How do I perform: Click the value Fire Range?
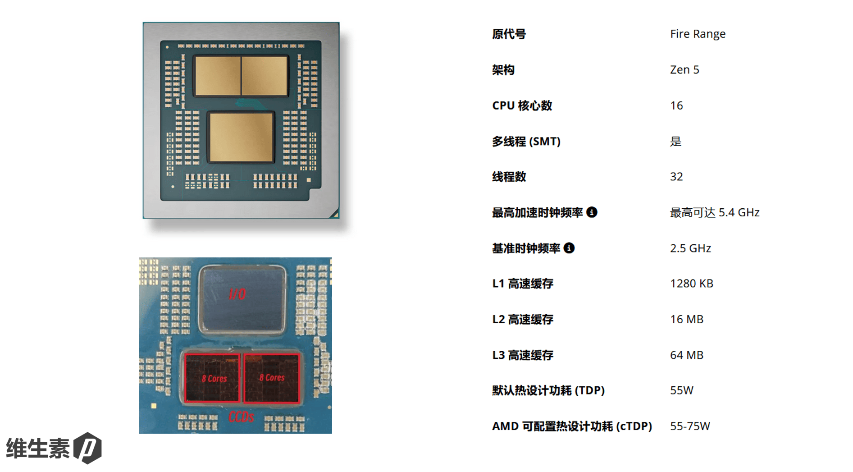[x=697, y=34]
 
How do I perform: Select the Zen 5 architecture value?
[x=684, y=70]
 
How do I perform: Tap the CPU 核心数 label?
[x=522, y=105]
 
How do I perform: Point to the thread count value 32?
[x=676, y=177]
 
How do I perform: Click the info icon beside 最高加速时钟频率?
[x=592, y=212]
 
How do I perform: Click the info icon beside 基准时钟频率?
[x=569, y=248]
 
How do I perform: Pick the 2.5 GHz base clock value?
[x=690, y=248]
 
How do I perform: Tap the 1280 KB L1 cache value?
[x=691, y=284]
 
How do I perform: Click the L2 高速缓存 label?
[x=522, y=320]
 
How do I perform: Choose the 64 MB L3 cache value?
[x=686, y=355]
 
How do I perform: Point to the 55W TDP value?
[x=681, y=390]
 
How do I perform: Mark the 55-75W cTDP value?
[x=689, y=426]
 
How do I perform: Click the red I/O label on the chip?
[x=237, y=294]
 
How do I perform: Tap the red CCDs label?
[x=241, y=417]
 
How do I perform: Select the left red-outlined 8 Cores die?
[x=212, y=378]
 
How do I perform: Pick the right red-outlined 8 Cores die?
[x=272, y=378]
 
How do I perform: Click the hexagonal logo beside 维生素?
[x=87, y=448]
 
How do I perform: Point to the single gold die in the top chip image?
[x=242, y=137]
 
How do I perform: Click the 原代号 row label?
[x=509, y=34]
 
